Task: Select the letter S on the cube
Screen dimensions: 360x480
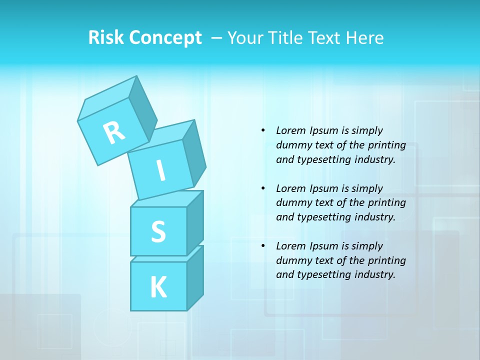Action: point(158,231)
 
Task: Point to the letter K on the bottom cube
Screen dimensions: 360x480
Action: point(158,287)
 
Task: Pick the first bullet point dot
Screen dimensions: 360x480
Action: point(263,130)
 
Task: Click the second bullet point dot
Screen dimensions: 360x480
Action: point(263,188)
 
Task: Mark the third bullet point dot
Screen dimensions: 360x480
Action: point(263,246)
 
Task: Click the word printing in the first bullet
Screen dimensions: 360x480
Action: point(386,145)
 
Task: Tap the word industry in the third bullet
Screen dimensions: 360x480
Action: point(375,274)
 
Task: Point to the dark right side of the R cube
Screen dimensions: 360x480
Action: point(142,110)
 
